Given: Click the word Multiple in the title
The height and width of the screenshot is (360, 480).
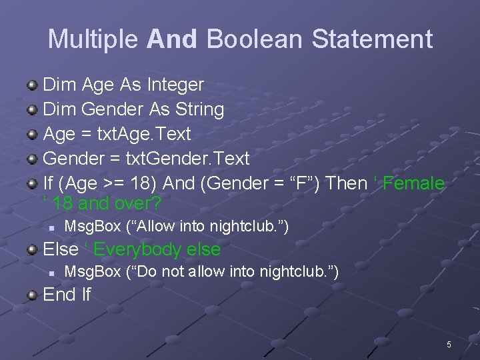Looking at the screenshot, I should (x=93, y=39).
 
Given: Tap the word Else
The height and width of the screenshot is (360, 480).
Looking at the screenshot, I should (x=60, y=250).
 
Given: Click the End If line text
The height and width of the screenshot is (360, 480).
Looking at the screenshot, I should (x=67, y=295).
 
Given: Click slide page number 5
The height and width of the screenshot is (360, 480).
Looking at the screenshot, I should (x=449, y=345).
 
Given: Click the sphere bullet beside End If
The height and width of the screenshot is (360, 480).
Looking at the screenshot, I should (x=32, y=294).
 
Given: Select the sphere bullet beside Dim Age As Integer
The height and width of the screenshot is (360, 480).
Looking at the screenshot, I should (x=32, y=85).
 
